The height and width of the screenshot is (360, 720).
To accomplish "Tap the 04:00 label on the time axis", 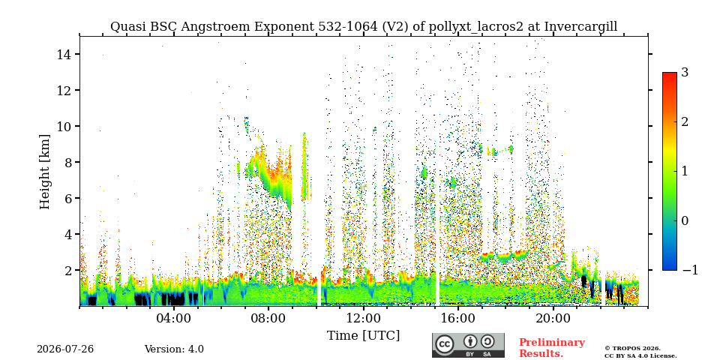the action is [x=173, y=318].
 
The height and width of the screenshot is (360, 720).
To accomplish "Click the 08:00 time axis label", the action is [x=268, y=318].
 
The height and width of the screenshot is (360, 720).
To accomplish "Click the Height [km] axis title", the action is [x=44, y=172].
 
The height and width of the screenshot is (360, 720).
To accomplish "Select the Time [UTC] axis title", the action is [x=363, y=336].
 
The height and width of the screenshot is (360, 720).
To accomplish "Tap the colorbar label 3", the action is [x=685, y=73].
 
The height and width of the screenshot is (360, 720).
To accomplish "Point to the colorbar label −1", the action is [x=690, y=270].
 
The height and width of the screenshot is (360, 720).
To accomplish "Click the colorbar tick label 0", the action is [x=685, y=220].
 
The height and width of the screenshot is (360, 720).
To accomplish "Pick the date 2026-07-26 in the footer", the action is [x=65, y=349].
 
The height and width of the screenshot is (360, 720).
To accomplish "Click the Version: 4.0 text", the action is [x=174, y=349].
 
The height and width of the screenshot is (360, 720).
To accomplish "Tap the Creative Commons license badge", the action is [x=468, y=345].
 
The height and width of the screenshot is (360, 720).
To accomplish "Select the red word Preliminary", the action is [x=552, y=343].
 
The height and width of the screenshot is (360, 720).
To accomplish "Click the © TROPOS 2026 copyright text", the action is [x=632, y=349].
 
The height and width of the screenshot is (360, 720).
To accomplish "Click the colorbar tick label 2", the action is [x=685, y=122].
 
